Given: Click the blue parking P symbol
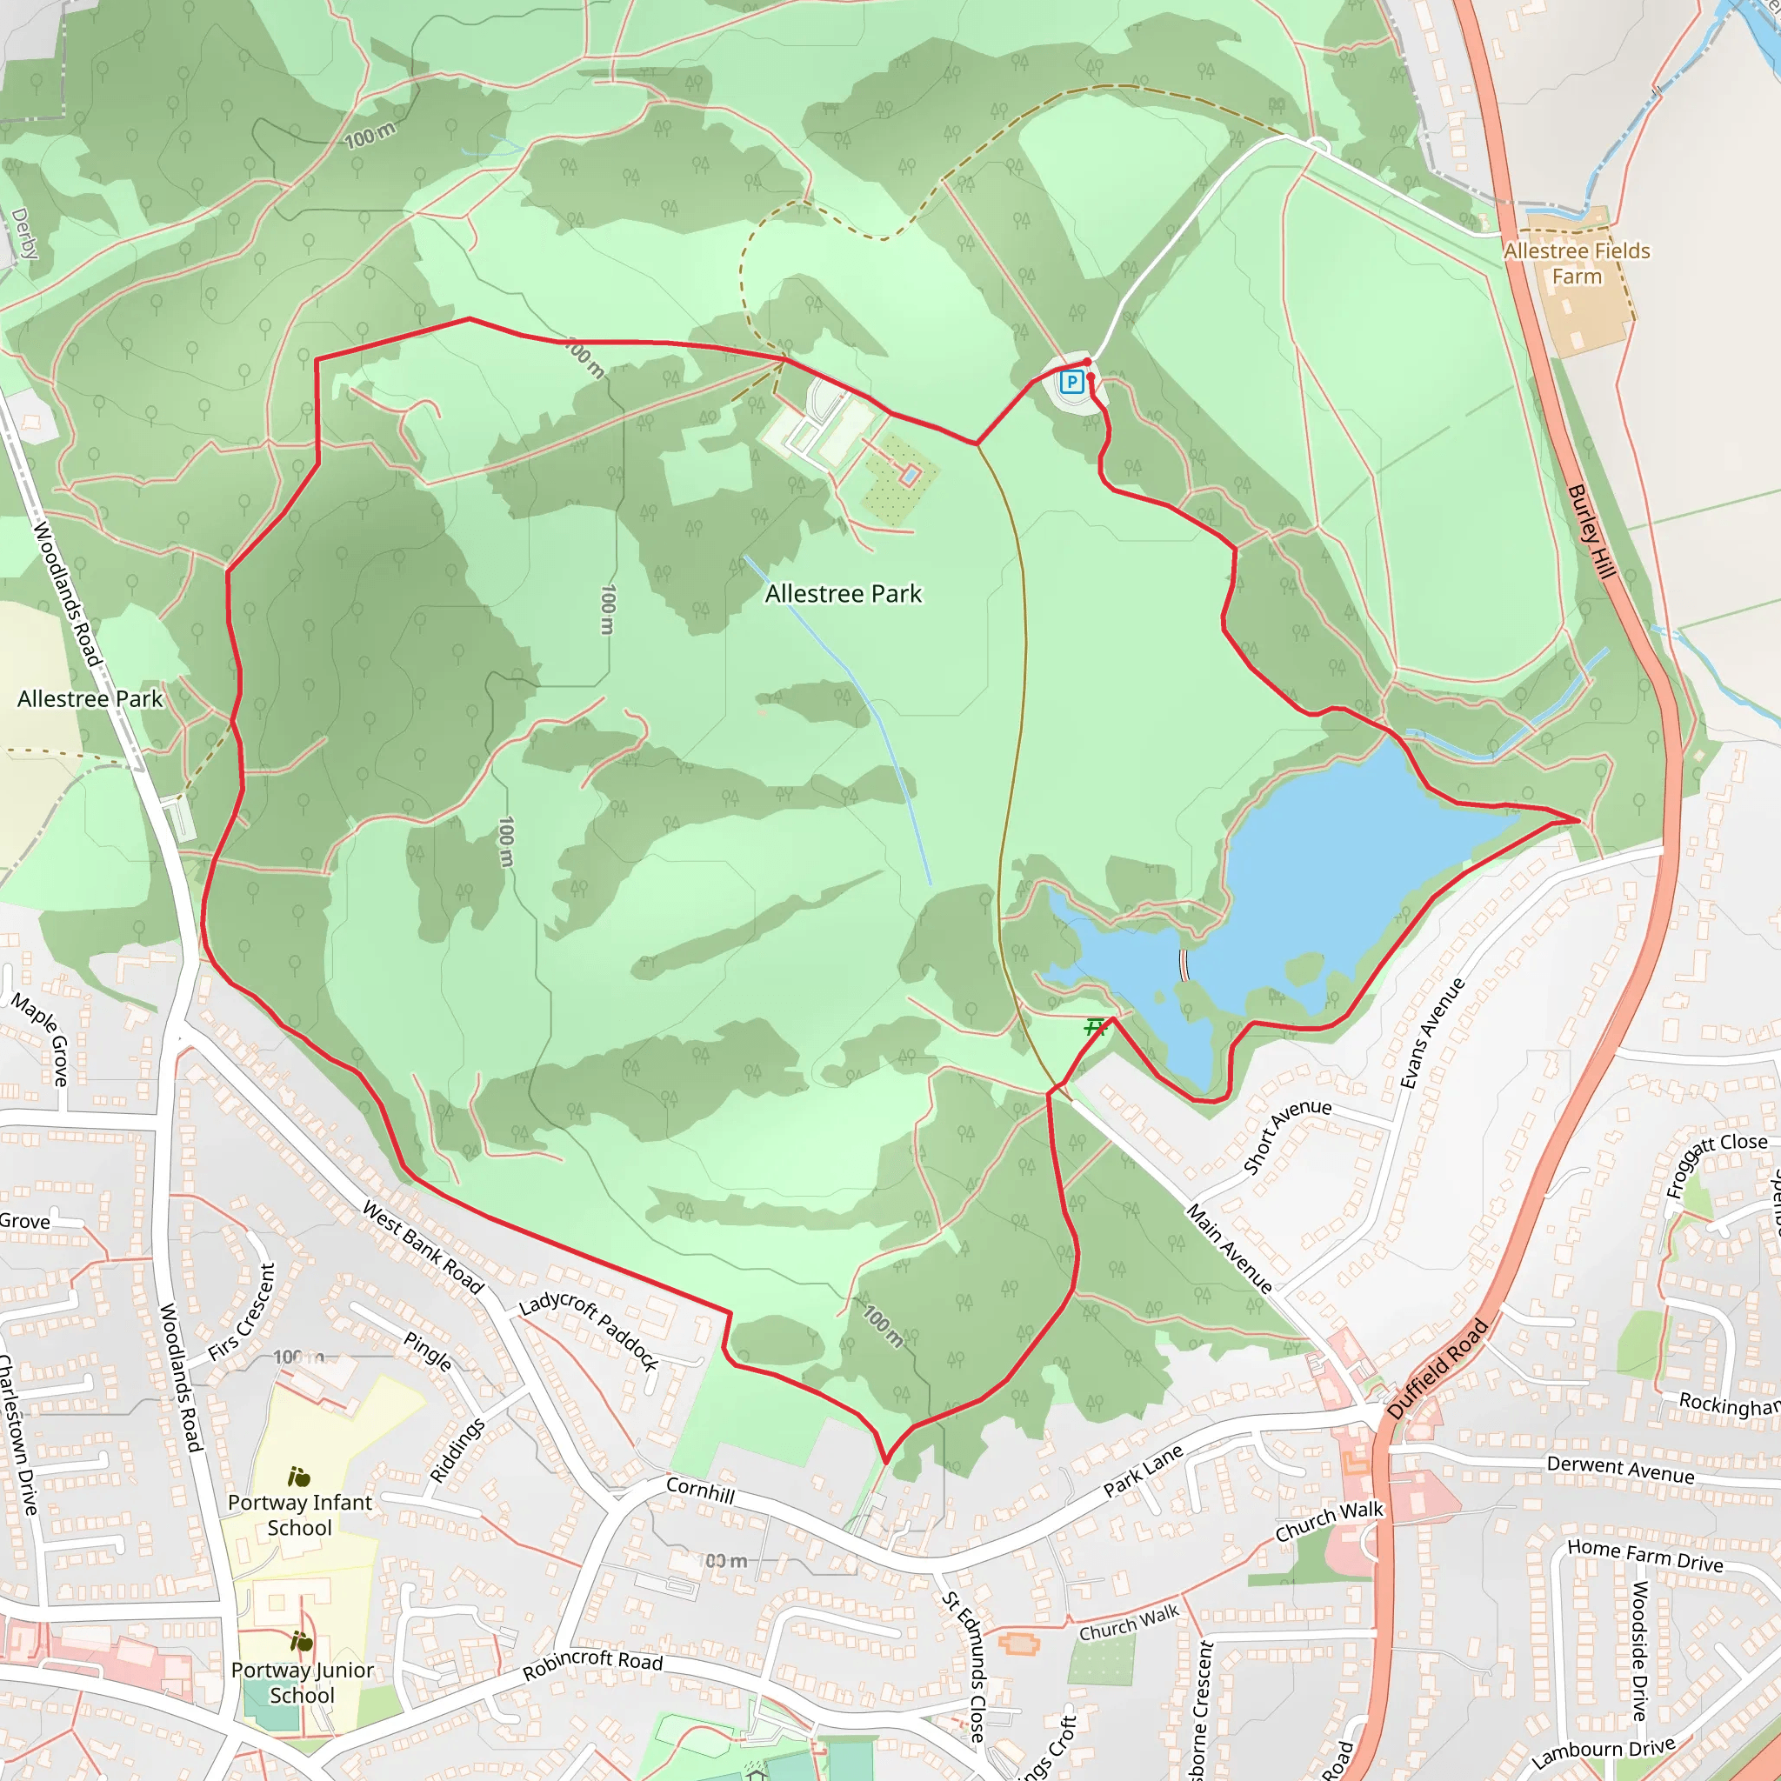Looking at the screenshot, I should point(1071,382).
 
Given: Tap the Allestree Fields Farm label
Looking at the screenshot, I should point(1577,263).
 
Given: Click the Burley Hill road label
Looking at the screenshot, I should point(1592,532).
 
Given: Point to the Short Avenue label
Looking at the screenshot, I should point(1287,1136).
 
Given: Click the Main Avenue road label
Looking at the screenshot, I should point(1229,1249).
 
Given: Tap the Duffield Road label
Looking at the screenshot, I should point(1437,1369).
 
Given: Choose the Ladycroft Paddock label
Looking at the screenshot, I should point(589,1331).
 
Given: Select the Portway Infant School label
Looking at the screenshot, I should point(300,1515).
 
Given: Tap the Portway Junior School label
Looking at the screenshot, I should point(303,1683).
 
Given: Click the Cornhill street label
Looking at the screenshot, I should point(701,1490).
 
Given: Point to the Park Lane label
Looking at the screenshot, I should point(1143,1471).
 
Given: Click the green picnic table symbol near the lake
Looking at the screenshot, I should point(1094,1027).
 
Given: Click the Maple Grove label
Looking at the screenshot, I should point(43,1040).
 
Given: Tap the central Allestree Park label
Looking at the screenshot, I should point(843,595).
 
